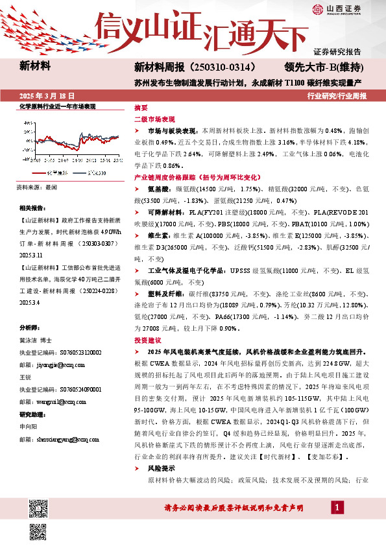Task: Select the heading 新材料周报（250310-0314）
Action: point(195,67)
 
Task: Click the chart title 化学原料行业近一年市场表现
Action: point(57,106)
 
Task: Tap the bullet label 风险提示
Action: point(161,468)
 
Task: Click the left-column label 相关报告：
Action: point(32,208)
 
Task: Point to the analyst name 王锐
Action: point(25,376)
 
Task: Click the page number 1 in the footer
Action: point(337,506)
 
